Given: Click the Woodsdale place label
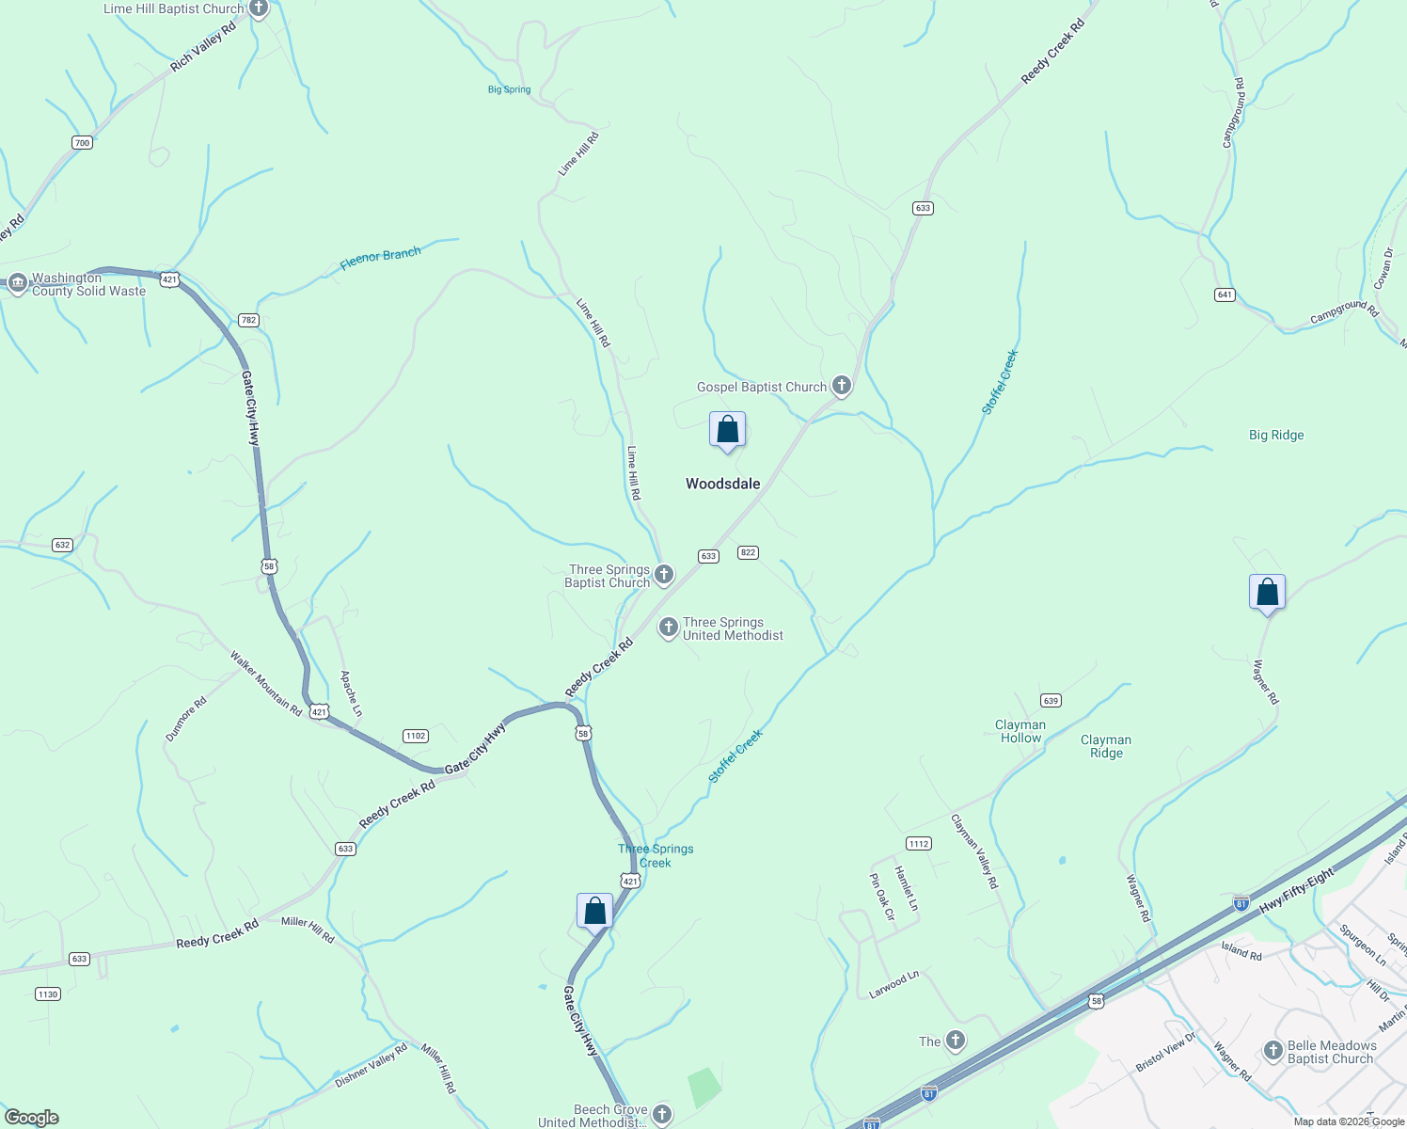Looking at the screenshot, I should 722,484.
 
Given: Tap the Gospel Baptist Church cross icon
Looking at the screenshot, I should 842,386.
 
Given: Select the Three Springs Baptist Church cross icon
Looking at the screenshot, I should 664,574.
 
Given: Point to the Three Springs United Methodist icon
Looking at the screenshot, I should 669,627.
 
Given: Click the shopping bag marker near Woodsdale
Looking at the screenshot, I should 727,430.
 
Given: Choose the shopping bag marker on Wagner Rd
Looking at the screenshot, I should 1267,593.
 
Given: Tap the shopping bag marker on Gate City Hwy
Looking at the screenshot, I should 594,912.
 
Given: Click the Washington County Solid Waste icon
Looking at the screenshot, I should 18,283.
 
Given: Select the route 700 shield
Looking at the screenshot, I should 82,143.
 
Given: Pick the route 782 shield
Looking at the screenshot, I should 248,320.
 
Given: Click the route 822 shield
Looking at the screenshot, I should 748,552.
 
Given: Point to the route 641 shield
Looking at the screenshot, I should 1225,294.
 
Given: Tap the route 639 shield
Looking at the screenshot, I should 1051,700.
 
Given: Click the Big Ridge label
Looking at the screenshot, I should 1276,435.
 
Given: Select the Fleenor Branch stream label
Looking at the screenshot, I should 380,257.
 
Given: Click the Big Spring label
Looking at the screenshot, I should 509,89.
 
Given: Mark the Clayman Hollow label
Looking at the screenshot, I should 1020,731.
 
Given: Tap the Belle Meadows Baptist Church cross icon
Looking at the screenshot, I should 1273,1051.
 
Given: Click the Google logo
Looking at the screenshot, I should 32,1118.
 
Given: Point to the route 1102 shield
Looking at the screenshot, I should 415,736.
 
